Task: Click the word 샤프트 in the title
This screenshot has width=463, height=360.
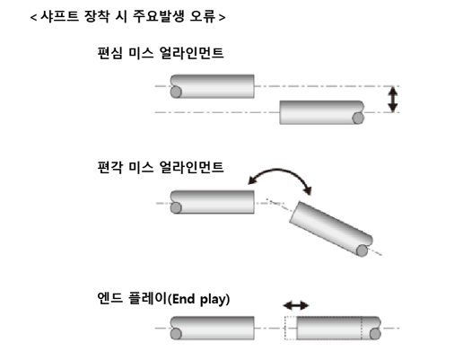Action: click(59, 16)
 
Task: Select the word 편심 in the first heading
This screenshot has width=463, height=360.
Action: click(109, 53)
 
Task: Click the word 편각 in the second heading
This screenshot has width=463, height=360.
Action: click(109, 167)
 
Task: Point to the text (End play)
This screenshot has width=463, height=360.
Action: click(198, 299)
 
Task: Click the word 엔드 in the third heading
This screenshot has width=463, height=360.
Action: click(109, 298)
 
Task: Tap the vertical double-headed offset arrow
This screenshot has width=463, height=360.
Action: click(392, 100)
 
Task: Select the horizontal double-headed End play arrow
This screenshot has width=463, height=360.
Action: click(296, 305)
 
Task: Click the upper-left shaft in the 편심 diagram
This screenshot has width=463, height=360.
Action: click(213, 86)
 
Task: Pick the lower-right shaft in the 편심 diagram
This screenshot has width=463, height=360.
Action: click(322, 112)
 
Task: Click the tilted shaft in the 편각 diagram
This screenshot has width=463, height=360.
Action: click(331, 229)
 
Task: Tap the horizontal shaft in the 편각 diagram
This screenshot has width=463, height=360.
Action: click(213, 202)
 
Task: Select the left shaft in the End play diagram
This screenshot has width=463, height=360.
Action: click(213, 328)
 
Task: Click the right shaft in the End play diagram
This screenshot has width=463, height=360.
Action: click(338, 328)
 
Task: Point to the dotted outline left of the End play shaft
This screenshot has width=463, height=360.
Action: click(291, 328)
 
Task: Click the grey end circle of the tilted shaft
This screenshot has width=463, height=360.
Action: click(362, 250)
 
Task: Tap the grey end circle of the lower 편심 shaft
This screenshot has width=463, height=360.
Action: click(358, 119)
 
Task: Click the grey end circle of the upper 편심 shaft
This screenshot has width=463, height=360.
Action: click(176, 92)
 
